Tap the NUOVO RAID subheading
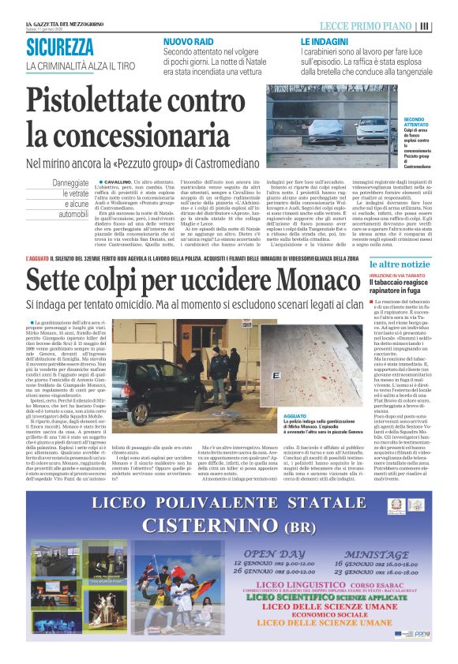pos(187,40)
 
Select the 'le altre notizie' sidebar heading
pos(401,264)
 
